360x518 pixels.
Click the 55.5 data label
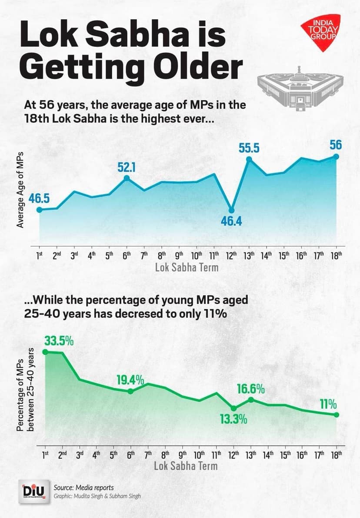pos(249,148)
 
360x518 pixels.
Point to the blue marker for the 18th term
pos(337,156)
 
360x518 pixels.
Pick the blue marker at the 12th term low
pos(232,210)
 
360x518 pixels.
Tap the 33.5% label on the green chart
pos(59,341)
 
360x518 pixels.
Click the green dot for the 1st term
pos(45,352)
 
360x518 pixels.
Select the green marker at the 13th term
pos(250,399)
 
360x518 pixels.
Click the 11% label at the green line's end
pos(328,404)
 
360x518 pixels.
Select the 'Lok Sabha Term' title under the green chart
pos(186,466)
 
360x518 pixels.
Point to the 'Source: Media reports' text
pos(83,488)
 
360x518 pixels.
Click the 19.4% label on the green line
pos(130,380)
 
